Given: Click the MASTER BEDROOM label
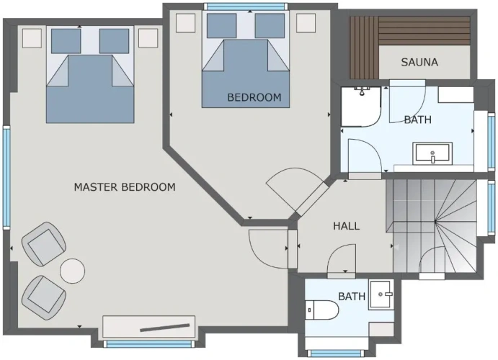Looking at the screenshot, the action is tap(125, 186).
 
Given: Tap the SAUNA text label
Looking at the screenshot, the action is tap(419, 62).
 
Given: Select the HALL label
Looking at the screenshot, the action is tap(346, 226).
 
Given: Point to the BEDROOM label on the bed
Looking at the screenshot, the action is tap(254, 97).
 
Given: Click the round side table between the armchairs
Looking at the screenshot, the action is tap(72, 271).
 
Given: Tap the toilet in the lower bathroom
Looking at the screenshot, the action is tap(321, 310).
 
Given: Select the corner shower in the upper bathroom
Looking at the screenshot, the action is tap(361, 107).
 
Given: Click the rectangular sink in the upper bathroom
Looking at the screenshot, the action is tap(432, 153).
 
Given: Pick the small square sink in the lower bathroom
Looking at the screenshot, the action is tap(381, 294).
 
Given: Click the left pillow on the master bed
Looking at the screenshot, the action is tap(66, 41).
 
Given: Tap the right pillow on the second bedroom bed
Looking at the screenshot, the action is tap(270, 26).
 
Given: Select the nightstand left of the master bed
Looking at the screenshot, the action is tap(32, 38).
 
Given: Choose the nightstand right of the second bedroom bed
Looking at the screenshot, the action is tap(306, 23).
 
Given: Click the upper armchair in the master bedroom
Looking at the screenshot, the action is tap(44, 243).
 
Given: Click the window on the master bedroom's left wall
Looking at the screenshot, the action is tap(6, 177).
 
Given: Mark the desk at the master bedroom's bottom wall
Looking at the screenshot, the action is tap(148, 326).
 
